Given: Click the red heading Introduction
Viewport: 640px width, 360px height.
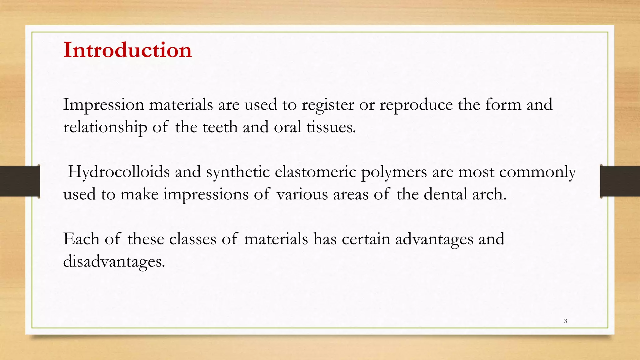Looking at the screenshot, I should (127, 50).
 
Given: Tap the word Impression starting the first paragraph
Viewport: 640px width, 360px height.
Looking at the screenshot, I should (103, 105).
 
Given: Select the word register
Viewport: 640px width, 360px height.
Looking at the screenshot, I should (328, 105).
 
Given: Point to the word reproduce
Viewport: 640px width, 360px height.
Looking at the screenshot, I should (416, 105).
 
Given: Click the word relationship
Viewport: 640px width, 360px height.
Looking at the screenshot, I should (105, 127).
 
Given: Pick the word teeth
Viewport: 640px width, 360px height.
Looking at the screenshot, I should (220, 127).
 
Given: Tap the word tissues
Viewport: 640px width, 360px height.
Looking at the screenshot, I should (331, 127).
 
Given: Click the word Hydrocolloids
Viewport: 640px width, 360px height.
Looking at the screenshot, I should (119, 172).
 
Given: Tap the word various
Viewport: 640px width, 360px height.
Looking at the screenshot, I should (302, 195).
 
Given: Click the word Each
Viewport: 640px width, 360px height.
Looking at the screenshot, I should (81, 239).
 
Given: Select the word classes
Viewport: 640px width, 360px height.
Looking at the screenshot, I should (192, 239).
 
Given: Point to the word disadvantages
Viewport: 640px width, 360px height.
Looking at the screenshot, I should (114, 262).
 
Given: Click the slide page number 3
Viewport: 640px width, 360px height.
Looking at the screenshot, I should (565, 321).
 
